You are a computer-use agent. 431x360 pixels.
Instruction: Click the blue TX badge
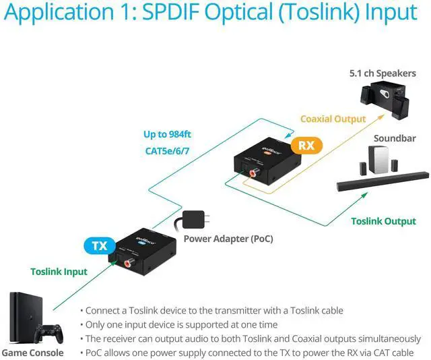(x=100, y=245)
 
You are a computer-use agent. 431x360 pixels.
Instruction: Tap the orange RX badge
(x=306, y=145)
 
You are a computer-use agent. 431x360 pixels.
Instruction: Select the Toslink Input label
(x=59, y=272)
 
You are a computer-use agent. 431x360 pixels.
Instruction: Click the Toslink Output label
(x=383, y=221)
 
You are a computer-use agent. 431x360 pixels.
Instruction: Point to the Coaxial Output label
(x=333, y=119)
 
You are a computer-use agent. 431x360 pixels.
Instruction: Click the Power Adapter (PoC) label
(x=228, y=239)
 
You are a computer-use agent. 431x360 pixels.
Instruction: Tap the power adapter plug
(x=193, y=220)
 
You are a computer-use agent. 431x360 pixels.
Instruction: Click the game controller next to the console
(x=48, y=332)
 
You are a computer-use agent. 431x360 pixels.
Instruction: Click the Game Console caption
(x=32, y=353)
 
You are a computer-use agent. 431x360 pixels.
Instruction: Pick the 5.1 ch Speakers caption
(x=383, y=73)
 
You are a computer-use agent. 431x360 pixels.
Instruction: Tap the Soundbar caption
(x=394, y=139)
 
